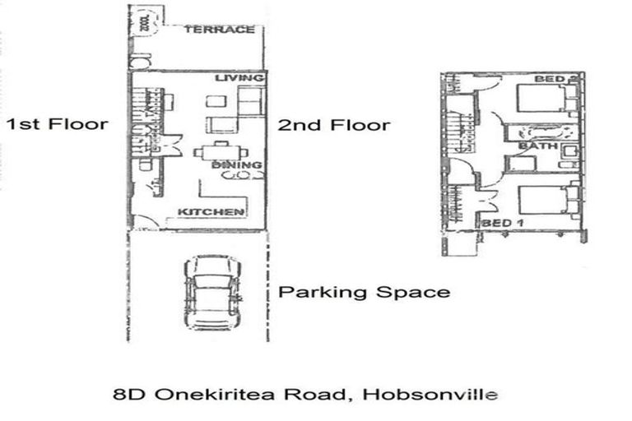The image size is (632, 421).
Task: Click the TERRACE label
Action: (x=219, y=30)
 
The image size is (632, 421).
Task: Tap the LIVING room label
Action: (x=239, y=78)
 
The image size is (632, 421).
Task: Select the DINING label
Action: (x=237, y=165)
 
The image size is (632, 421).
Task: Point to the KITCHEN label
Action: (x=211, y=212)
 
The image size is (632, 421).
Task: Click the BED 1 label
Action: (x=503, y=223)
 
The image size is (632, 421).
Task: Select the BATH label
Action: (x=536, y=146)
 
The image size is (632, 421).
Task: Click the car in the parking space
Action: (x=211, y=294)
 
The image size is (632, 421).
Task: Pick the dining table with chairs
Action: (x=219, y=152)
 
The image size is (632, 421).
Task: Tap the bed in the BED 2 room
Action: (x=543, y=100)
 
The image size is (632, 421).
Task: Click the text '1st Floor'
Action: (x=57, y=125)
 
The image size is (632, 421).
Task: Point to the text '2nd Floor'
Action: (x=333, y=126)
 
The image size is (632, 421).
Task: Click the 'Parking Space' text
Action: (x=365, y=292)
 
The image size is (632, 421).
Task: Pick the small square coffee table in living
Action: (x=214, y=101)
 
